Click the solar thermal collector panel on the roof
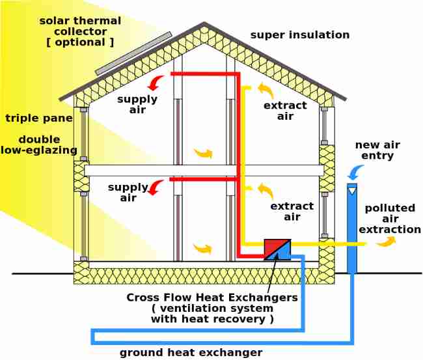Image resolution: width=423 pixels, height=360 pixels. [133, 53]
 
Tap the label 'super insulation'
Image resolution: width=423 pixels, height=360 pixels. [300, 35]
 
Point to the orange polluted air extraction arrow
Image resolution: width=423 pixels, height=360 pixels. [386, 242]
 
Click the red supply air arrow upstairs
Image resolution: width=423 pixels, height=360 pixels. [156, 83]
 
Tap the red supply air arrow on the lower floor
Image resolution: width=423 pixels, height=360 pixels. [156, 188]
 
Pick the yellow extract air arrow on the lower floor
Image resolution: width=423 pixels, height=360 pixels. [265, 190]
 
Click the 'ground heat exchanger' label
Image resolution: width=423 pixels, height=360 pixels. [191, 352]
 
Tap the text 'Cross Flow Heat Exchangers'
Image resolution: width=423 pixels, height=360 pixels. [212, 298]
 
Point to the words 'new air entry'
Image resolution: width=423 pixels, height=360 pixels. [377, 150]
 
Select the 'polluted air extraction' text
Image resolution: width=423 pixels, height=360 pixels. [390, 219]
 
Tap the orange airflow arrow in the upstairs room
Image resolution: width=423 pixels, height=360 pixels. [203, 154]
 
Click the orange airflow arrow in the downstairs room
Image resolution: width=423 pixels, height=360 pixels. [203, 248]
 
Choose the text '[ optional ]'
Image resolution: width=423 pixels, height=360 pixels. [80, 42]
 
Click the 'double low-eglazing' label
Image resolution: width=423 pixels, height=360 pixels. [39, 145]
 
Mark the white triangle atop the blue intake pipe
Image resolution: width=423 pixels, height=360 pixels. [352, 191]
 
